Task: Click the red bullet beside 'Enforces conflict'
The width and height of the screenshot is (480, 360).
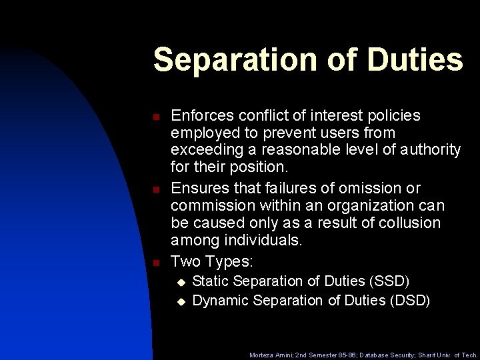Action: [155, 117]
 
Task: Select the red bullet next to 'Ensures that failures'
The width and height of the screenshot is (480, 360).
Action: [155, 189]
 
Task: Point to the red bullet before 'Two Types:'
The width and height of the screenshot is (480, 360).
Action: [155, 261]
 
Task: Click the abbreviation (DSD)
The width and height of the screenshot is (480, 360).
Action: [409, 301]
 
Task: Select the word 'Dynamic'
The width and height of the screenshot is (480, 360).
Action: [219, 301]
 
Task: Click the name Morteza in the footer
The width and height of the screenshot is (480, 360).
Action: [263, 355]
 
